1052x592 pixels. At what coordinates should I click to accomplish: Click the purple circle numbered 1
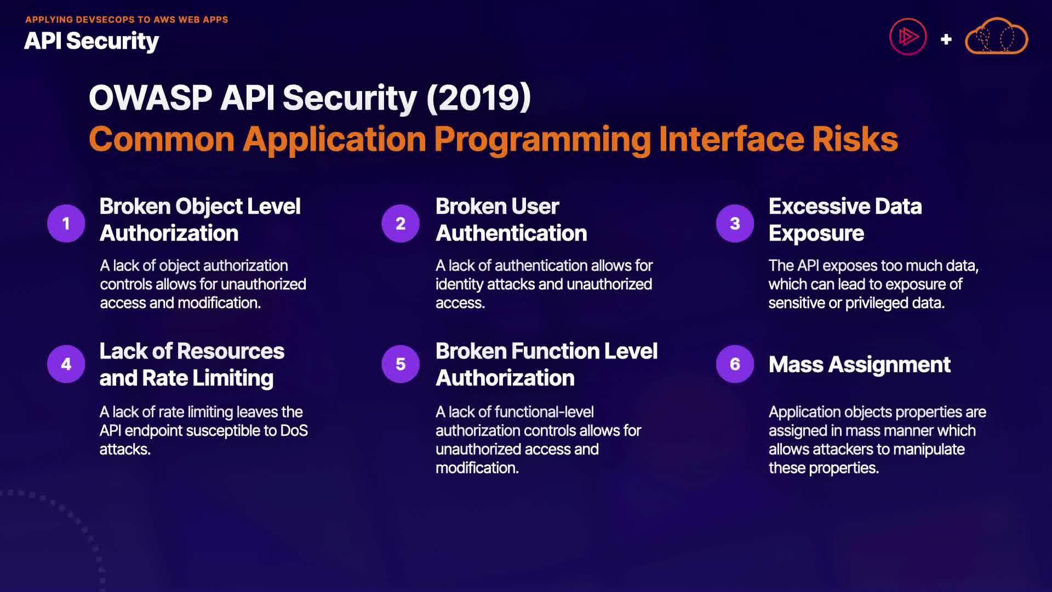coord(66,223)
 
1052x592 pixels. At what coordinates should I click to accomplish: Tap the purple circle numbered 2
coord(401,223)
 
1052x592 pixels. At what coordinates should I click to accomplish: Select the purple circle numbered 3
coord(735,223)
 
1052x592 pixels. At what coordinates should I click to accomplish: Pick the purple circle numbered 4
coord(66,364)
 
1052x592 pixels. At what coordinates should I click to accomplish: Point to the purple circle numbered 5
coord(401,364)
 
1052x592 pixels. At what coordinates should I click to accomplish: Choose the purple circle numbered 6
coord(735,364)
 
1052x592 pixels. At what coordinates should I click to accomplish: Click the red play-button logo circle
coord(908,37)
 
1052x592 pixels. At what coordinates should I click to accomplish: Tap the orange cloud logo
coord(996,36)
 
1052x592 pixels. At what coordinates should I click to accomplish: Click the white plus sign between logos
coord(946,39)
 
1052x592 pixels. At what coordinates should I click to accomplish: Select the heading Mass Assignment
coord(859,365)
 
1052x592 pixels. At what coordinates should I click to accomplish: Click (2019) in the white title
coord(478,98)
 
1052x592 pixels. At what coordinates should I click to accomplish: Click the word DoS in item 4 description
coord(294,431)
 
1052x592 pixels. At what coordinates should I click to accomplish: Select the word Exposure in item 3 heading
coord(816,234)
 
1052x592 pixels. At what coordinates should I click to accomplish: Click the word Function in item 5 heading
coord(548,351)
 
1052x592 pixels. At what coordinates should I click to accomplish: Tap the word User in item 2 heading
coord(535,207)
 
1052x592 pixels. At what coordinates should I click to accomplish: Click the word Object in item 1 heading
coord(209,207)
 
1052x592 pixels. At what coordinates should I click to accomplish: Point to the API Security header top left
coord(92,42)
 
